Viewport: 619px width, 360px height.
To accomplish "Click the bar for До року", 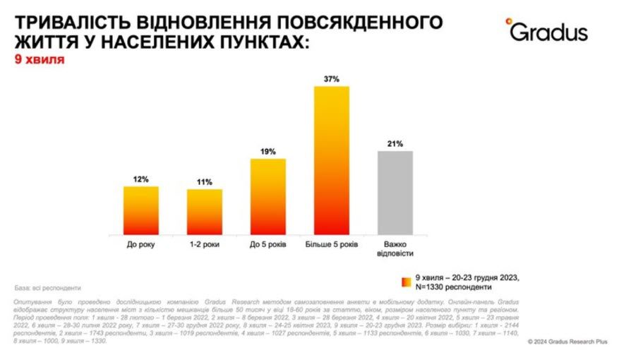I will (141, 210).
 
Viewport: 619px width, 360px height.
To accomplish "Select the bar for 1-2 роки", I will (205, 212).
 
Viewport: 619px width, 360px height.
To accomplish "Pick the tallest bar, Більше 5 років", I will (332, 160).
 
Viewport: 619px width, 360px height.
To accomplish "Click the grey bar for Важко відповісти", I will (395, 192).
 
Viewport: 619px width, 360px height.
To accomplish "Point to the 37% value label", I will (332, 79).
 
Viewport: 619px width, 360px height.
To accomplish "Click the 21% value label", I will (395, 144).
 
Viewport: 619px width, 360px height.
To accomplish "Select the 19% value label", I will (268, 152).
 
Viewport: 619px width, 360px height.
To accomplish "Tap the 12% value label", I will (141, 179).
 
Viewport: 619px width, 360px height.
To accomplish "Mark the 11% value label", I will (205, 182).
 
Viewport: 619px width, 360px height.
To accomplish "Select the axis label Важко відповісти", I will (395, 248).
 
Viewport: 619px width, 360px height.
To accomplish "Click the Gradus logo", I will (546, 31).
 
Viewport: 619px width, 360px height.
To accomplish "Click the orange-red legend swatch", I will (407, 282).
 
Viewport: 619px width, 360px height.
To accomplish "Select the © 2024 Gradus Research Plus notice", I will (567, 342).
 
